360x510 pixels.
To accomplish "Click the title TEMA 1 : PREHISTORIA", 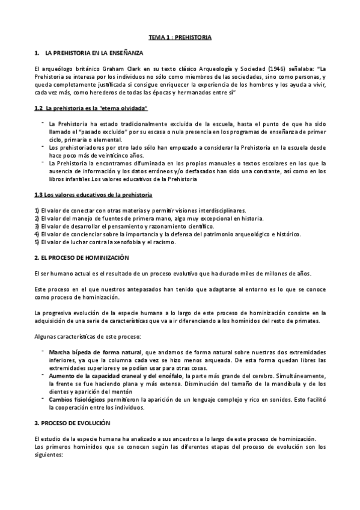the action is coord(180,37).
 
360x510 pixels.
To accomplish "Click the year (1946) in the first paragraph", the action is coord(255,69).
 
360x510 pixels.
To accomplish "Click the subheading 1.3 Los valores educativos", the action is coord(93,195).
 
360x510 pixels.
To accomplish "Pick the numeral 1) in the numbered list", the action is coord(37,210).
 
